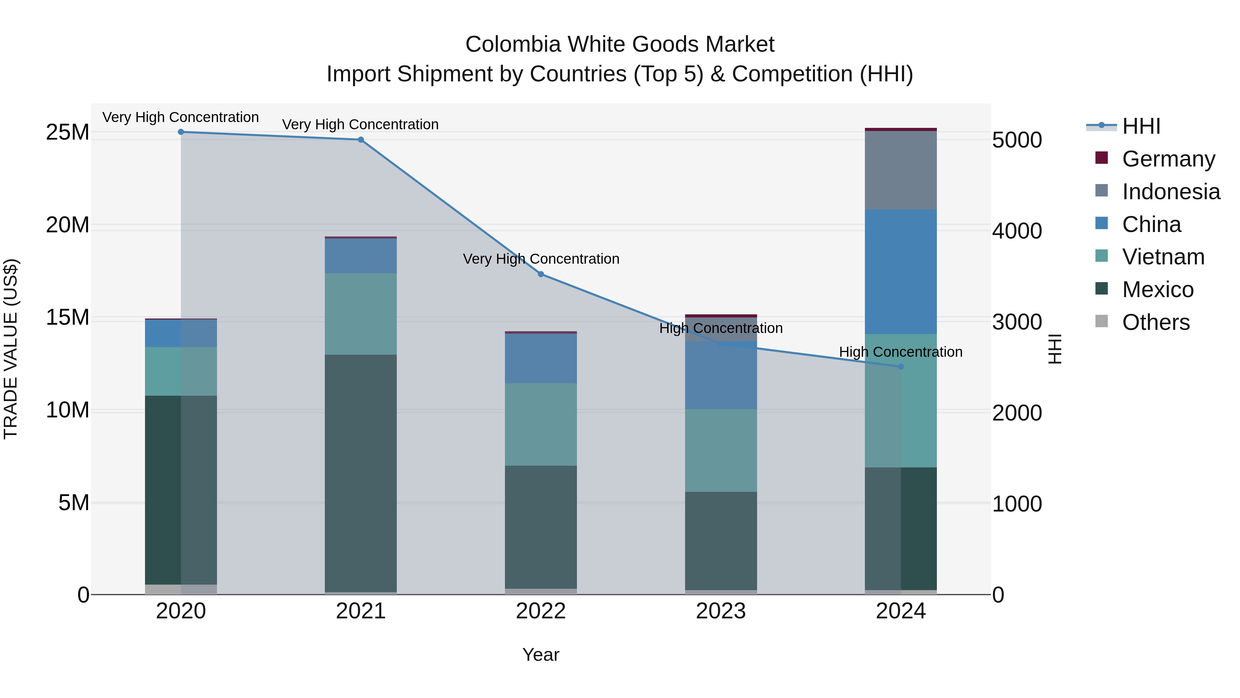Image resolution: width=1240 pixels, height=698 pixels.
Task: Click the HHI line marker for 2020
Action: pyautogui.click(x=181, y=132)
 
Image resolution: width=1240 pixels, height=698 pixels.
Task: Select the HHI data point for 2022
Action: pyautogui.click(x=540, y=274)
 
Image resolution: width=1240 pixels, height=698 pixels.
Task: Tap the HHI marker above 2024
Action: pyautogui.click(x=901, y=367)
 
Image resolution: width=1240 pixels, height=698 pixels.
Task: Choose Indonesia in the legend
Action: pyautogui.click(x=1171, y=192)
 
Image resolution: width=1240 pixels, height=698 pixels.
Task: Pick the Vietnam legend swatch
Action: pyautogui.click(x=1102, y=256)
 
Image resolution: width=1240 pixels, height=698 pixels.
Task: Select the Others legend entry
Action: pyautogui.click(x=1155, y=322)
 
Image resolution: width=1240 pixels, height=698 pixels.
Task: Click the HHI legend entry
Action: pyautogui.click(x=1141, y=126)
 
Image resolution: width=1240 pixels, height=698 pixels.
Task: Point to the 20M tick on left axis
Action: pyautogui.click(x=68, y=225)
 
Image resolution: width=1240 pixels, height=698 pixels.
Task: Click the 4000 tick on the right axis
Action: pyautogui.click(x=1017, y=231)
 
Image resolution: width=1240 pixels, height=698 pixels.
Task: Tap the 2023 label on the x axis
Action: pyautogui.click(x=721, y=611)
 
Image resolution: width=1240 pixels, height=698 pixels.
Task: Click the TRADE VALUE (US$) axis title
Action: pyautogui.click(x=11, y=349)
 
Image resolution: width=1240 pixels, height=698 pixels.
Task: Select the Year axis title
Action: pyautogui.click(x=540, y=655)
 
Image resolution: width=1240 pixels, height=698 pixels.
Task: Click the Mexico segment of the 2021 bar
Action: pyautogui.click(x=361, y=472)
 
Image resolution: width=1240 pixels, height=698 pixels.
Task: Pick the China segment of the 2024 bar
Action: pyautogui.click(x=901, y=272)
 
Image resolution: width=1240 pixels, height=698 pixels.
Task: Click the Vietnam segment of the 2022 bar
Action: pyautogui.click(x=540, y=424)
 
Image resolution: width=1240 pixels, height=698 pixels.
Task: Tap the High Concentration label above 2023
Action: pyautogui.click(x=721, y=328)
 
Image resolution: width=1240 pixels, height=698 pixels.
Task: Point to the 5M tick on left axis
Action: pyautogui.click(x=74, y=503)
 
